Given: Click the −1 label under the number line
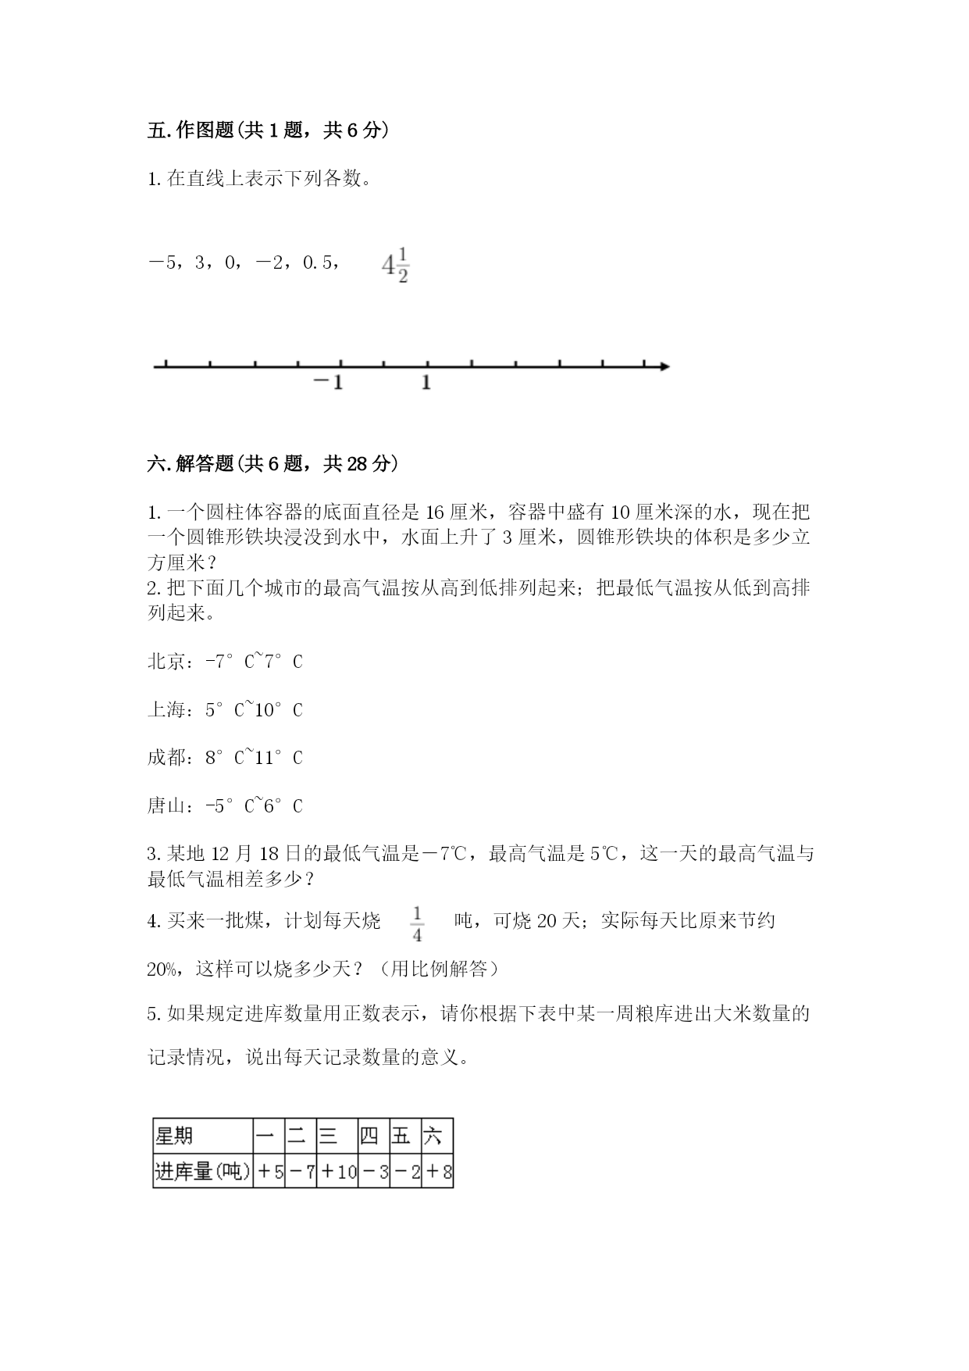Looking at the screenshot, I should pyautogui.click(x=328, y=383).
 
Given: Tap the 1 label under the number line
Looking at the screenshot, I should pyautogui.click(x=426, y=383).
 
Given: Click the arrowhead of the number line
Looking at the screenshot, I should pyautogui.click(x=664, y=366).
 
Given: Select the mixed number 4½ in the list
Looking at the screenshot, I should pyautogui.click(x=395, y=265).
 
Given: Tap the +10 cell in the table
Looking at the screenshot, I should pyautogui.click(x=338, y=1171).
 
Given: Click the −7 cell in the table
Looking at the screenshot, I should pyautogui.click(x=301, y=1171).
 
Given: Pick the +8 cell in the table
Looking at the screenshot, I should pyautogui.click(x=438, y=1171).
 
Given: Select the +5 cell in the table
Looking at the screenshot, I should pyautogui.click(x=269, y=1171).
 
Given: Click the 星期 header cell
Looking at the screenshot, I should pyautogui.click(x=174, y=1135).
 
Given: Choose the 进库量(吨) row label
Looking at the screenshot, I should pyautogui.click(x=202, y=1171).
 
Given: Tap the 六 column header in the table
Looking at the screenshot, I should pyautogui.click(x=433, y=1135).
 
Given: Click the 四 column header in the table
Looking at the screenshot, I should pyautogui.click(x=369, y=1135).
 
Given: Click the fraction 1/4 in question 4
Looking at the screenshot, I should pyautogui.click(x=417, y=923).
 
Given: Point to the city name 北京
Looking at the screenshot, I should pyautogui.click(x=166, y=662).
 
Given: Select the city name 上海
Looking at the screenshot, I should pyautogui.click(x=166, y=710).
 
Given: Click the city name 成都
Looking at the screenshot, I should pyautogui.click(x=166, y=758).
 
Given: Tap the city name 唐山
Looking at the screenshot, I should pyautogui.click(x=166, y=806).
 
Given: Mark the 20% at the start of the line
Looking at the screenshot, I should pyautogui.click(x=163, y=969).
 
